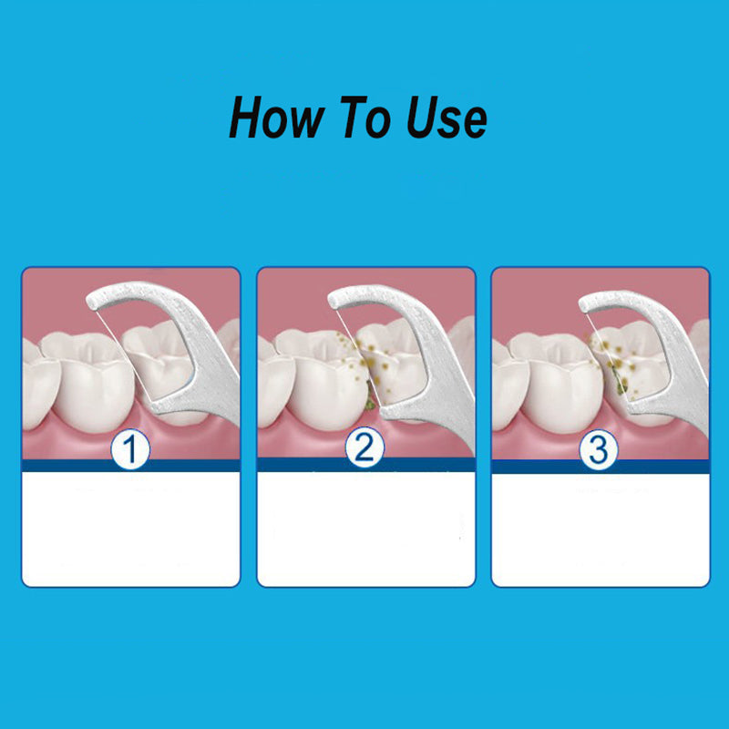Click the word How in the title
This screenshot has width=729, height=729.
pos(276,117)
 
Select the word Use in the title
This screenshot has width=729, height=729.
pos(447,117)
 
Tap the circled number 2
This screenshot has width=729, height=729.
pos(365,447)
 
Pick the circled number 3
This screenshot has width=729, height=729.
pos(599,449)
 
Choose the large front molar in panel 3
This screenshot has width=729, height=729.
pos(558,381)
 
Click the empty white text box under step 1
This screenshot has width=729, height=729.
pos(131,529)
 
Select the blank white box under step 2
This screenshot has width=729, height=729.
pos(366,529)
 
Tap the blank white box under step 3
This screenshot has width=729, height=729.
pos(601,530)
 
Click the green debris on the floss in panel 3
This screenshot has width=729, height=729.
pos(620,381)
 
